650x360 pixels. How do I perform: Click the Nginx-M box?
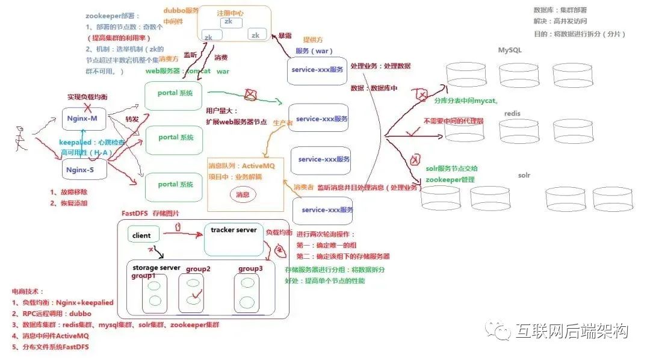(x=84, y=119)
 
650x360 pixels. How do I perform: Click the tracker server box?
(x=234, y=238)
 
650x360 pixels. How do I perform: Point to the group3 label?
(x=250, y=268)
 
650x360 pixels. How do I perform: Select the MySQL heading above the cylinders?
(x=510, y=50)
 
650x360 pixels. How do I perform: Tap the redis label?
(x=512, y=113)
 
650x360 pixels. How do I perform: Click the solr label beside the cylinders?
(x=524, y=175)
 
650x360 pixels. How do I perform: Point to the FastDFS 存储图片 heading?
(x=151, y=213)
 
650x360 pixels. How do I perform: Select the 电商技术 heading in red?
(x=27, y=291)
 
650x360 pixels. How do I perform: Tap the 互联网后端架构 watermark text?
(x=571, y=331)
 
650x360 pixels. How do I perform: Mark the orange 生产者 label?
(x=283, y=122)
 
